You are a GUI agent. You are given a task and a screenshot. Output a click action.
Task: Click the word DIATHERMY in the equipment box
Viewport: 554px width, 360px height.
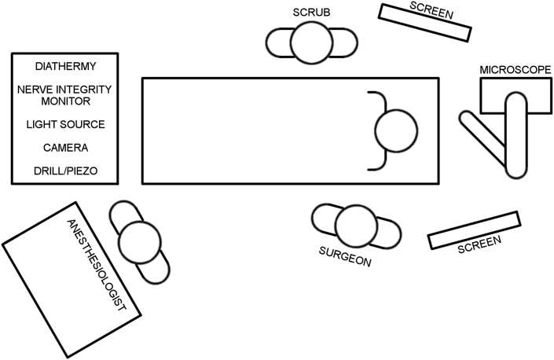point(65,65)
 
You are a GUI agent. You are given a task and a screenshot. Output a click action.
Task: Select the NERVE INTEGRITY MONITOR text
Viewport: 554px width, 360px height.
point(65,95)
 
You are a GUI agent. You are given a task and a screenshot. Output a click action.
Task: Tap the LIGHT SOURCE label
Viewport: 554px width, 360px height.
point(65,124)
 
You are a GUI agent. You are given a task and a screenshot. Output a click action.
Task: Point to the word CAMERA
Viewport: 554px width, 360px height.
point(65,148)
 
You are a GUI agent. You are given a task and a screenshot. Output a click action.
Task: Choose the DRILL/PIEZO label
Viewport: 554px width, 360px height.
point(65,171)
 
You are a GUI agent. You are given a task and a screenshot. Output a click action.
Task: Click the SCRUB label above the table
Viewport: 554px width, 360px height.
point(311,13)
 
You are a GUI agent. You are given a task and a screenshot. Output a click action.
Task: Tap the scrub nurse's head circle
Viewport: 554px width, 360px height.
point(311,42)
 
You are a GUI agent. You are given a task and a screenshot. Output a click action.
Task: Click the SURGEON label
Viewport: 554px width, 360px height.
point(345,259)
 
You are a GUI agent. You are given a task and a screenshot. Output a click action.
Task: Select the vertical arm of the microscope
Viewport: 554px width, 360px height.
point(515,134)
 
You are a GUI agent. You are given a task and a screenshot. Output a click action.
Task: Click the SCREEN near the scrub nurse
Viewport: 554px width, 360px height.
point(425,22)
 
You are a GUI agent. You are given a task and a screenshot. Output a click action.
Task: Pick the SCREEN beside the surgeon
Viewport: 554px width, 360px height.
point(475,230)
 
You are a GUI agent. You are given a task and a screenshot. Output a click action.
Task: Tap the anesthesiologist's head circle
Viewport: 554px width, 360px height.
point(141,243)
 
